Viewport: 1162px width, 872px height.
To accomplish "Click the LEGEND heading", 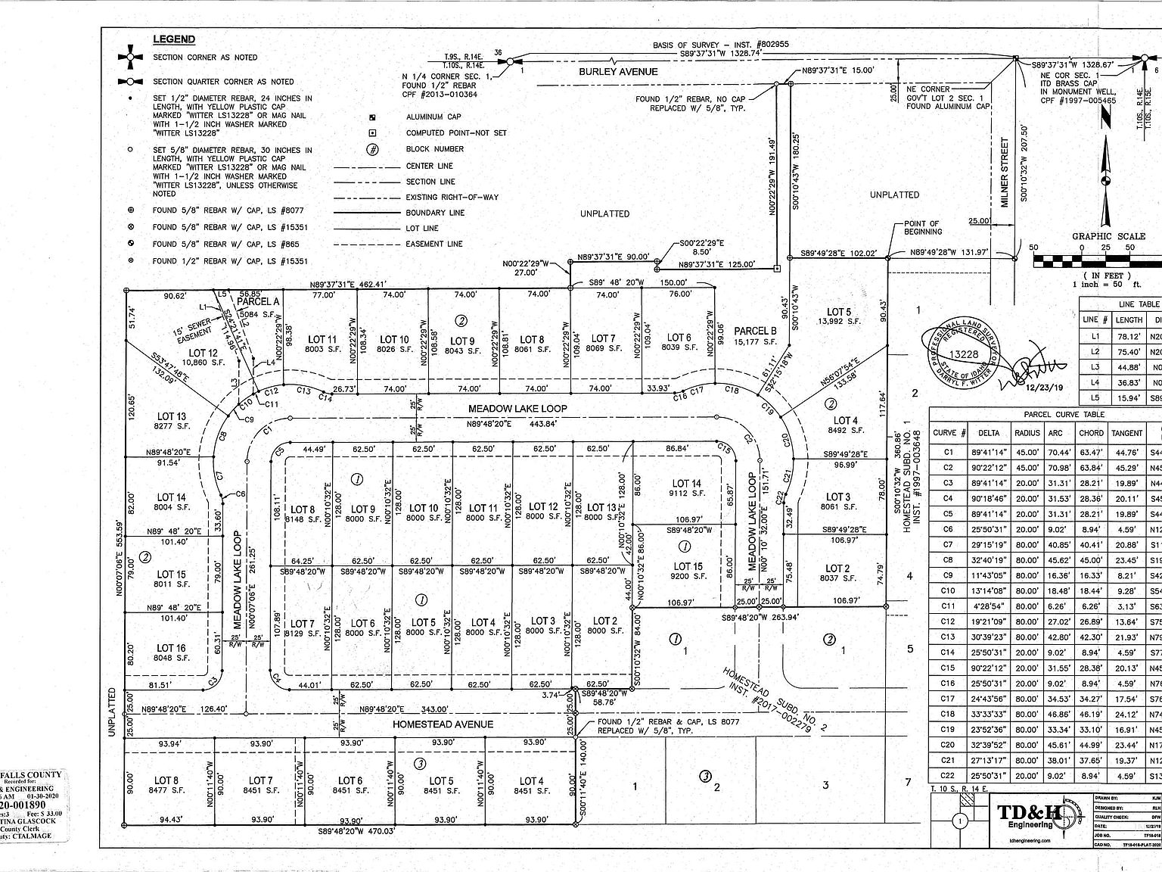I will pyautogui.click(x=174, y=39).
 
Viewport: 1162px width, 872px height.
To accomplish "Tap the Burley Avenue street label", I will pyautogui.click(x=618, y=72).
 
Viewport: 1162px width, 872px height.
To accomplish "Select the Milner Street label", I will pyautogui.click(x=1005, y=172).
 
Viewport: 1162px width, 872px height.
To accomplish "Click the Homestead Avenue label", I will pyautogui.click(x=443, y=724).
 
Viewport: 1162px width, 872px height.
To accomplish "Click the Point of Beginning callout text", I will pyautogui.click(x=922, y=228).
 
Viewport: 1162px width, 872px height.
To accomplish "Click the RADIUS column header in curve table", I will pyautogui.click(x=1027, y=433).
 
